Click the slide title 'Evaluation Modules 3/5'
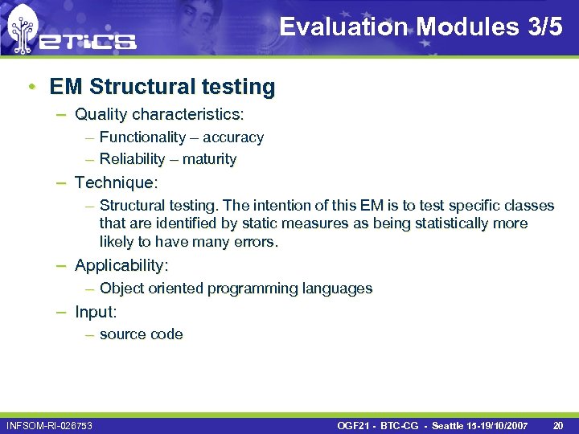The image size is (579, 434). (421, 27)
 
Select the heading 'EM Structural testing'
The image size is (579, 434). (162, 86)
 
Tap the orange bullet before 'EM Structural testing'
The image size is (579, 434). (30, 86)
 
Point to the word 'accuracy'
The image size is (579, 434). (233, 137)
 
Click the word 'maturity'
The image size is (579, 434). (209, 159)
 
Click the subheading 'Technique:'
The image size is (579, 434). (117, 182)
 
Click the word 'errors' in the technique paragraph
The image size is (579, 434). (254, 242)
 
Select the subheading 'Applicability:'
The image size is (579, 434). (121, 264)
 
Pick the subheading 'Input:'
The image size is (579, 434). (96, 311)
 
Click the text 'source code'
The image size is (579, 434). (141, 334)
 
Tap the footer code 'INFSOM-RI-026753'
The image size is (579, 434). (49, 424)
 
